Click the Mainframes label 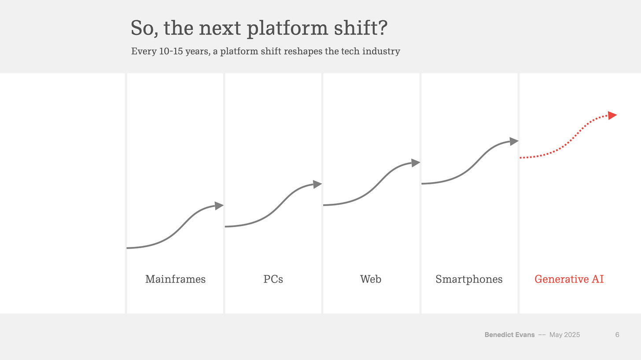click(175, 279)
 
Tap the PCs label click(273, 279)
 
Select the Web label click(371, 279)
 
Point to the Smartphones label click(469, 279)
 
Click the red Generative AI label click(569, 279)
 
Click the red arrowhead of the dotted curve click(612, 115)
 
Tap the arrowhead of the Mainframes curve click(219, 206)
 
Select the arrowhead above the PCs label click(317, 184)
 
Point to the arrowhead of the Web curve click(415, 163)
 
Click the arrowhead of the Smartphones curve click(513, 141)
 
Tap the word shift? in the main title click(361, 28)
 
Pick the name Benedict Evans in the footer click(509, 335)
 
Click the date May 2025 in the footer click(564, 335)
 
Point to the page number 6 click(617, 335)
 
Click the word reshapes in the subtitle click(303, 51)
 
